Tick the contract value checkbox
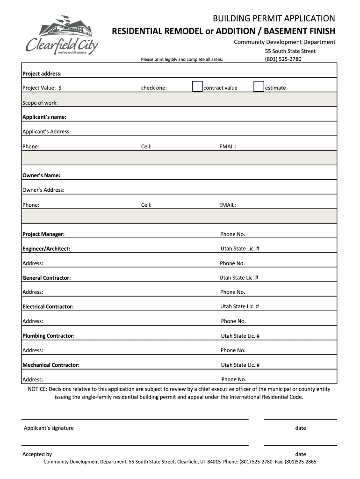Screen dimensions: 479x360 point(197,87)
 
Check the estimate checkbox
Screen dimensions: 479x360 point(259,87)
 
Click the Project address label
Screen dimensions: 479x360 point(42,73)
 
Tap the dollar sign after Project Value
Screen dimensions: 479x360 point(60,87)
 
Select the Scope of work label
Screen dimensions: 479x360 point(40,103)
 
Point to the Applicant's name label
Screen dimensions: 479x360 point(44,117)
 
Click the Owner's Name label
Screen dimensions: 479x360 point(42,175)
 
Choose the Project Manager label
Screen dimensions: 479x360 point(43,234)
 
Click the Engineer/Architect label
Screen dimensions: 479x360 point(46,248)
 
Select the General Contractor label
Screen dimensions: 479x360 point(47,278)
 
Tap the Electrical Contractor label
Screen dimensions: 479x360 point(48,307)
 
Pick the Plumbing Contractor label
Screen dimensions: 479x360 point(49,336)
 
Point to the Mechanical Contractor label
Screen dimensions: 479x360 point(51,365)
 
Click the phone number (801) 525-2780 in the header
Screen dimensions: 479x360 point(283,59)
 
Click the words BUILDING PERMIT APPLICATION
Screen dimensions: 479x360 point(274,19)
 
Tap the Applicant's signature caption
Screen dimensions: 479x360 point(49,428)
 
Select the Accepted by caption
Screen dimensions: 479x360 point(37,454)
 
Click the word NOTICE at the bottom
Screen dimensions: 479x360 point(37,389)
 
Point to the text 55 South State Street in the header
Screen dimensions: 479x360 point(290,51)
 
